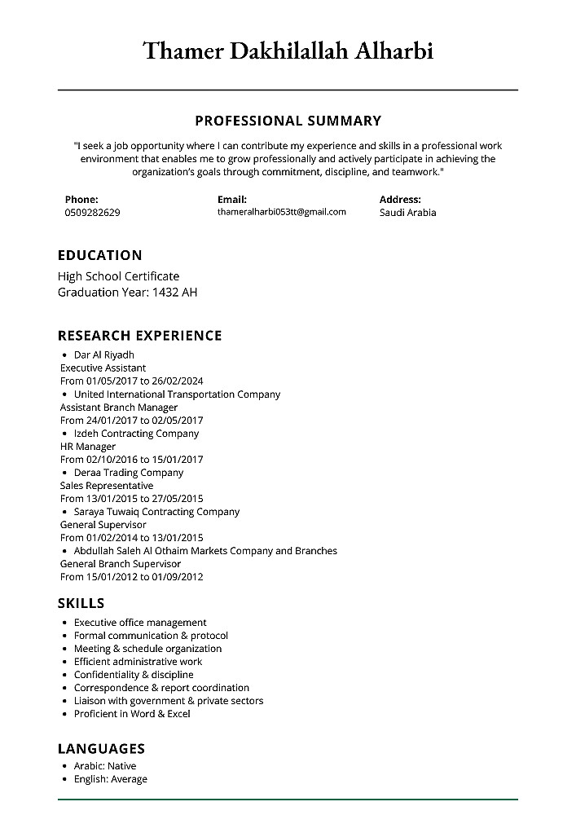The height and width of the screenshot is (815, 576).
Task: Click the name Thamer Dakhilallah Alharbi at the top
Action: pos(288,51)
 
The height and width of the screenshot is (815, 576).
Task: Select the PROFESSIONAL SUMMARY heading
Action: pos(288,121)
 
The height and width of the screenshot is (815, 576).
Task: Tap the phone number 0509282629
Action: pos(92,213)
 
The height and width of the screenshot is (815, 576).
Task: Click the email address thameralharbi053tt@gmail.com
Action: pos(281,212)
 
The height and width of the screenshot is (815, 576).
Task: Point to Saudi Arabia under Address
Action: pos(407,213)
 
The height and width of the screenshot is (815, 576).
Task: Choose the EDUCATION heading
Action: pos(99,255)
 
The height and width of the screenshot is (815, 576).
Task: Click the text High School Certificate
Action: pos(118,276)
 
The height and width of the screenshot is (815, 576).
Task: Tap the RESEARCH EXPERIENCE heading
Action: pos(139,335)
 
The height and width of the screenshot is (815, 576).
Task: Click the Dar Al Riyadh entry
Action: pos(103,355)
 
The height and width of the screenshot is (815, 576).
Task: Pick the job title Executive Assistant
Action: pos(103,368)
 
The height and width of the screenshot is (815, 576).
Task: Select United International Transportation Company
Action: pos(177,394)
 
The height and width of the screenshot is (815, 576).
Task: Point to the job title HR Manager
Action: pos(88,446)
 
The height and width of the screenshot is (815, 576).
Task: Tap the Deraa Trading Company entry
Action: pos(129,472)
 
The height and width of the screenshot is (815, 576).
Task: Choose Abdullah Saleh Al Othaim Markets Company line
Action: pos(205,550)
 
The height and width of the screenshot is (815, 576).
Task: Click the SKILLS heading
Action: pos(81,603)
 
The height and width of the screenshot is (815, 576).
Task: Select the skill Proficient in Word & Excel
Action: pos(132,713)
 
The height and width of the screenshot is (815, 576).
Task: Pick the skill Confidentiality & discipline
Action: pos(134,674)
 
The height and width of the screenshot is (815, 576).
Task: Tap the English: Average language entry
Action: pos(111,778)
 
